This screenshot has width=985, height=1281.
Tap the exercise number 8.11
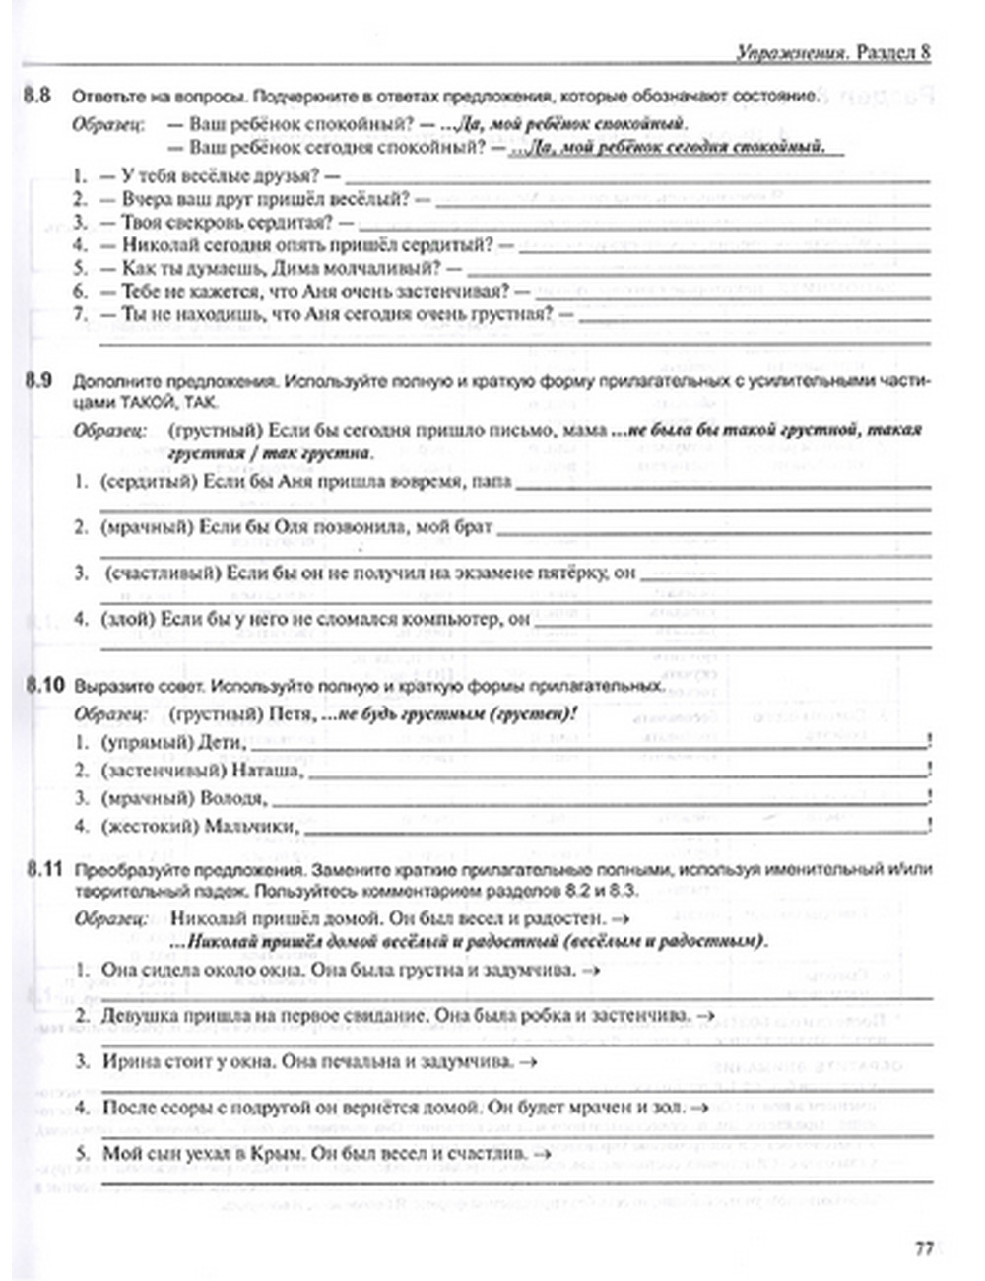click(x=43, y=870)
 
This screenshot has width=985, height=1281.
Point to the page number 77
click(x=923, y=1249)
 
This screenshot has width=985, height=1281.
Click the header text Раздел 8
click(x=892, y=53)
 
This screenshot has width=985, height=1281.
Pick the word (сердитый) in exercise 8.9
click(x=147, y=482)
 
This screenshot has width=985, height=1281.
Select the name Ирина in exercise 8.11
click(x=127, y=1061)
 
